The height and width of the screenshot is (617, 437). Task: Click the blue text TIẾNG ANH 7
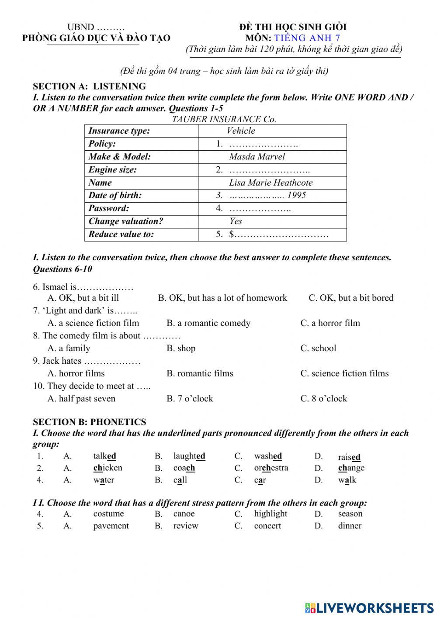point(307,38)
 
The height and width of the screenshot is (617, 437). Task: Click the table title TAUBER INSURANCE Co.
point(224,119)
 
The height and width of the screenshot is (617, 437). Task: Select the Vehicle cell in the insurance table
point(241,131)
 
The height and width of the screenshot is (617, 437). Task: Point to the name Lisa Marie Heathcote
point(271,183)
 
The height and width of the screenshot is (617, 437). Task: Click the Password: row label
point(109,208)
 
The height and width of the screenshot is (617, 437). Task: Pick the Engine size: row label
point(112,170)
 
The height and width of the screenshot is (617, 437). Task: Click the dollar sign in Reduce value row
point(232,234)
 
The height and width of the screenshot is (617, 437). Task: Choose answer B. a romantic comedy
point(208,323)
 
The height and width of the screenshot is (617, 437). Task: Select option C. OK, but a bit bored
point(351,298)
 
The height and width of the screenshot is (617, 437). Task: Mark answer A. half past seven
point(81,399)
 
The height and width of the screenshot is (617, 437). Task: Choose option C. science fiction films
point(344,373)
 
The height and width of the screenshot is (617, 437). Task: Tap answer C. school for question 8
point(318,348)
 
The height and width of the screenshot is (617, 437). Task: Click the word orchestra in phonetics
point(271,468)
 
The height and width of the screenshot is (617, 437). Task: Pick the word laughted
point(189,456)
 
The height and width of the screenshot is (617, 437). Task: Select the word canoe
point(184,514)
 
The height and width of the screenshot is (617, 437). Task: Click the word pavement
point(111,526)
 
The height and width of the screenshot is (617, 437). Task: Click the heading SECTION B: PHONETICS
point(90,422)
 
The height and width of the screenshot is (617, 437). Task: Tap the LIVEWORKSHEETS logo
point(369,607)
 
